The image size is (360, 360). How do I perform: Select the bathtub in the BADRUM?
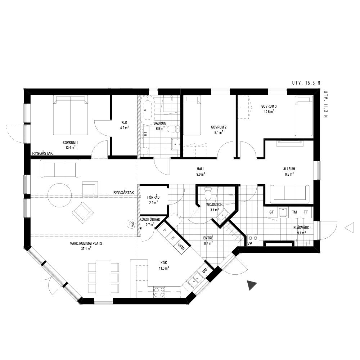[147, 110]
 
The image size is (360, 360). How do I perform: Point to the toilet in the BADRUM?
[173, 129]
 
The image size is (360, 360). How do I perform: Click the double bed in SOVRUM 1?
[70, 115]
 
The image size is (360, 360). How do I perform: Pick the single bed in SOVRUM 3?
[303, 116]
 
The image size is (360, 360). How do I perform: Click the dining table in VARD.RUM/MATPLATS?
[104, 278]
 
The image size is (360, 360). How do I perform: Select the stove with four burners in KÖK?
[159, 292]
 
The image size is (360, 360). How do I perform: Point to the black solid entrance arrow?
[252, 285]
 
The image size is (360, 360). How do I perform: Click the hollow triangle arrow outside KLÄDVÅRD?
[349, 228]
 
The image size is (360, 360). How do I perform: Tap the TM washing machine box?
[294, 212]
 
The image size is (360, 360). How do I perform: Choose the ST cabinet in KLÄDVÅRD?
[271, 212]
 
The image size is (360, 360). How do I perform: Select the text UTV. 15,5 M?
[306, 83]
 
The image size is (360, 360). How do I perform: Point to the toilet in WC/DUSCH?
[208, 194]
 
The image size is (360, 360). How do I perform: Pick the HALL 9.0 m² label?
[201, 171]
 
